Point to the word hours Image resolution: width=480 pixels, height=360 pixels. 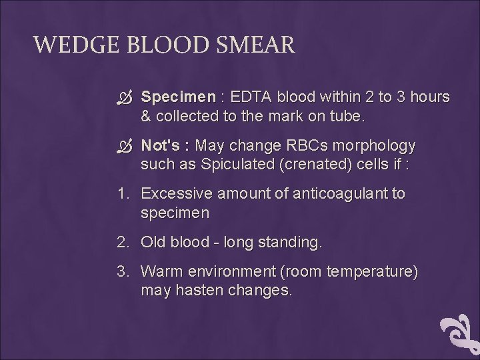[x=429, y=97]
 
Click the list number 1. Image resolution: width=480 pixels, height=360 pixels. [x=122, y=194]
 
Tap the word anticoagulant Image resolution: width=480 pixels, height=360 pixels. [x=334, y=194]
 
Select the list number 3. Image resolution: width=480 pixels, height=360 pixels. [x=123, y=273]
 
